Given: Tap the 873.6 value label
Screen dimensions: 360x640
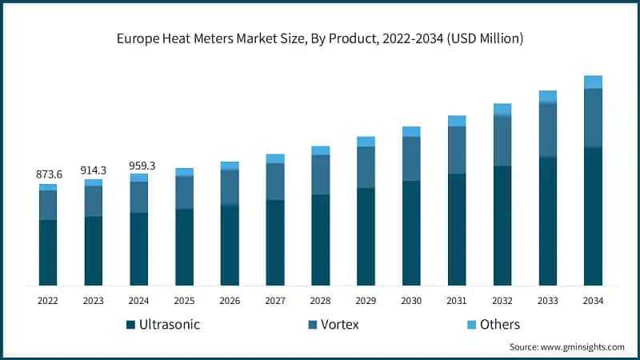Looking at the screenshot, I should pos(48,174).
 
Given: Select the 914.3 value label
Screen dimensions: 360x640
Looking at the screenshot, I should pos(94,170).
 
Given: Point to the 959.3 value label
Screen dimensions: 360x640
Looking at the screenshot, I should pos(139,166).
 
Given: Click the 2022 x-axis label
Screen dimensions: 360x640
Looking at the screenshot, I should pos(48,301).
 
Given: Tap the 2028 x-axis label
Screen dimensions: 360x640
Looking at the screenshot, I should pos(321,301).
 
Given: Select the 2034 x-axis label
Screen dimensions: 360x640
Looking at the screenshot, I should pos(593,301).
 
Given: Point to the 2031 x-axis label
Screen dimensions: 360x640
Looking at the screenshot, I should pos(457,301).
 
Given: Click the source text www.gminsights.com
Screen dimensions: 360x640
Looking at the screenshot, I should pos(566,346).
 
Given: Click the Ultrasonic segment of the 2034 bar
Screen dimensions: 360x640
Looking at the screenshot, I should pos(593,216).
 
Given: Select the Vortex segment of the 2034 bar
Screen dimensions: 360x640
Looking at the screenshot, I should pos(593,118).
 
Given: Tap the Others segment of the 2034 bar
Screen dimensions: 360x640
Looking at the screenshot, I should pos(593,82).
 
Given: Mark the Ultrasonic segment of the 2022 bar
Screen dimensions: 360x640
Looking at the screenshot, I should pos(48,252).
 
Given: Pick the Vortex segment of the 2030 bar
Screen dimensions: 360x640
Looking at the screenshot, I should pos(411,158).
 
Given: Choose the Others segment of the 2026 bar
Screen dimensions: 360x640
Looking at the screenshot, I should pos(230,166).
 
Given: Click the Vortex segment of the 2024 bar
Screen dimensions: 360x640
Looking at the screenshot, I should pos(139,197).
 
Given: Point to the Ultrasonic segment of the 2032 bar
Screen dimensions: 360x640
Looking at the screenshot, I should pos(502,225).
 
